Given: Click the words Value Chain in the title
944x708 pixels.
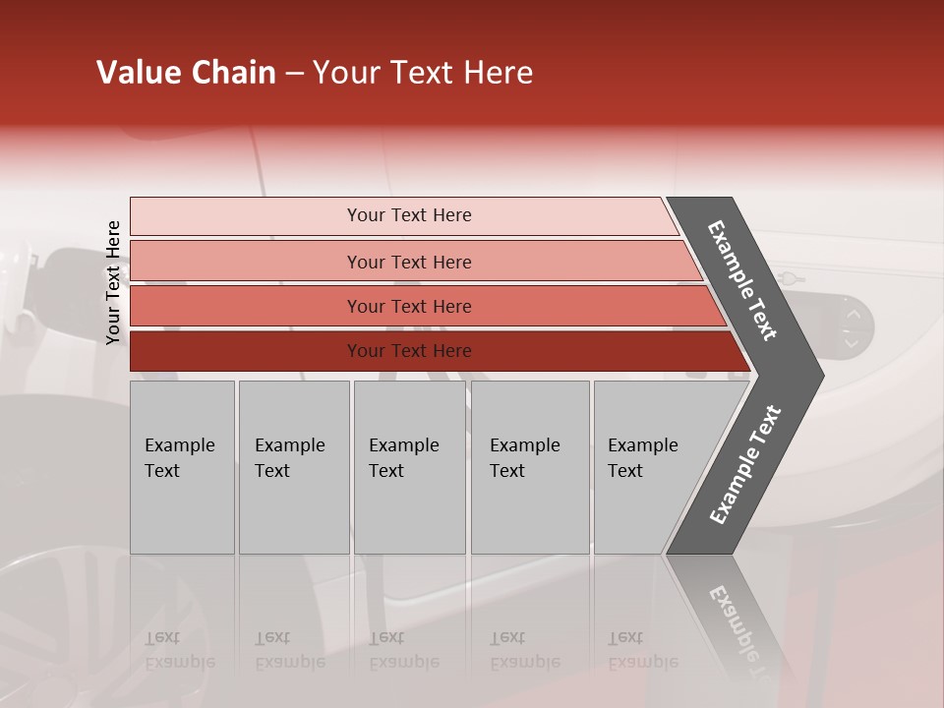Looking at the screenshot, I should tap(186, 73).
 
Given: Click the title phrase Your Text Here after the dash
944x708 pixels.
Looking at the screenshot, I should tap(423, 73).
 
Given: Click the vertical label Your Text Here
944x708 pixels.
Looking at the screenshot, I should tap(113, 282).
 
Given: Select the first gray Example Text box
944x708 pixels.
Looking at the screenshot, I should tap(182, 467).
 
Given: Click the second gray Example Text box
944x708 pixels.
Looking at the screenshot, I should tap(293, 467).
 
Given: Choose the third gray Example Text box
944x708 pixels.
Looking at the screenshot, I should tap(409, 467).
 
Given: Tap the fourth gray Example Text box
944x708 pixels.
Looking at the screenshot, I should tap(529, 467).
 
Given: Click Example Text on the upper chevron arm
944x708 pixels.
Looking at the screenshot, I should tap(743, 279).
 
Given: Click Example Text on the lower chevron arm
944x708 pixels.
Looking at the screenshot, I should tap(745, 464).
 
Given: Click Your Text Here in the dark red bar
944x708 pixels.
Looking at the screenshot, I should tap(409, 351).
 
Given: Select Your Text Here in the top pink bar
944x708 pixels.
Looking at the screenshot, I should tap(409, 215).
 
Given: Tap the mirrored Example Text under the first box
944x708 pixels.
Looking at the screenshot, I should tap(179, 650).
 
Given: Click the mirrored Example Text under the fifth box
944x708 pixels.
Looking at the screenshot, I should tap(642, 650).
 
